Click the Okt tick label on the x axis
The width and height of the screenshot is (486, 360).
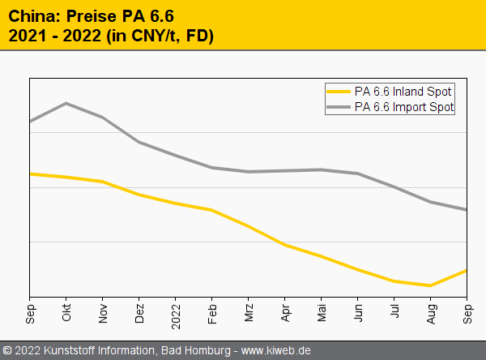pyautogui.click(x=67, y=311)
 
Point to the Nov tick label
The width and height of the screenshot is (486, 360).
pyautogui.click(x=104, y=312)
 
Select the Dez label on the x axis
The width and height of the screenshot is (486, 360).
pyautogui.click(x=140, y=312)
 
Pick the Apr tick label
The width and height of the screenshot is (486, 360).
pyautogui.click(x=286, y=311)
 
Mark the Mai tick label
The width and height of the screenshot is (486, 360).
pyautogui.click(x=322, y=311)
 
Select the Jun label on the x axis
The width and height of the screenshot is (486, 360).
pyautogui.click(x=359, y=311)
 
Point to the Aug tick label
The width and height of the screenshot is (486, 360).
pyautogui.click(x=432, y=312)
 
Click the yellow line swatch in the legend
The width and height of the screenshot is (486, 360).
pyautogui.click(x=338, y=92)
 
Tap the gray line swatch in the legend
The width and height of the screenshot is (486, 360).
pyautogui.click(x=338, y=106)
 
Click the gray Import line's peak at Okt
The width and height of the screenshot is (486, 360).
pyautogui.click(x=66, y=103)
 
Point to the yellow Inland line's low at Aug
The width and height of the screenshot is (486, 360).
pyautogui.click(x=430, y=285)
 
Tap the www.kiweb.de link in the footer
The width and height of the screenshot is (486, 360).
pyautogui.click(x=277, y=350)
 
